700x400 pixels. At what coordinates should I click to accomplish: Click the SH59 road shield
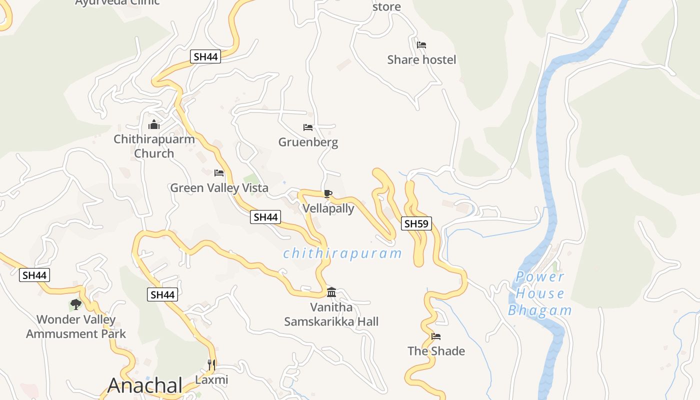416,223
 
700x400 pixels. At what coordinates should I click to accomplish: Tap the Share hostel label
421,60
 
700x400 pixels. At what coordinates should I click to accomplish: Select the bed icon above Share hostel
421,45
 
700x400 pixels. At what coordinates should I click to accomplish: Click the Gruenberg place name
308,142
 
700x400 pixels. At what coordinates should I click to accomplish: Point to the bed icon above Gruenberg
308,127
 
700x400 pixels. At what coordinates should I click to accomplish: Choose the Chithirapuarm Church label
154,146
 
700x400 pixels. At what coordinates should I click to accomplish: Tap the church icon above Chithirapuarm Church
154,124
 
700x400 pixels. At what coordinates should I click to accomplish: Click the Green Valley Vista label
219,188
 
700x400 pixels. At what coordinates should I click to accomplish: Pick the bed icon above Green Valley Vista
219,173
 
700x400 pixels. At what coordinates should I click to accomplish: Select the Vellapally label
328,208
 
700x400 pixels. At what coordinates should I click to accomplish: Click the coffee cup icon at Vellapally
327,193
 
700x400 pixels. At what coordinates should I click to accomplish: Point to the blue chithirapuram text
342,253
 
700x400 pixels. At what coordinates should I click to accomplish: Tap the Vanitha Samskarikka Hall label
331,314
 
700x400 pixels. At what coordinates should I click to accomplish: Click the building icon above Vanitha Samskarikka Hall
331,292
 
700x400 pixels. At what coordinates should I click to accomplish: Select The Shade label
436,351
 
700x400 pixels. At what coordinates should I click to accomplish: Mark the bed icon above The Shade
436,336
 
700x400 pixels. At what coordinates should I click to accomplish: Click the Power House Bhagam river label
540,293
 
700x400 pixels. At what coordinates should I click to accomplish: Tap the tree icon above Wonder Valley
75,304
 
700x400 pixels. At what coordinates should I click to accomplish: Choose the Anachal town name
145,385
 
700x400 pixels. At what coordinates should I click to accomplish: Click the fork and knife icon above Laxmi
211,365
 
